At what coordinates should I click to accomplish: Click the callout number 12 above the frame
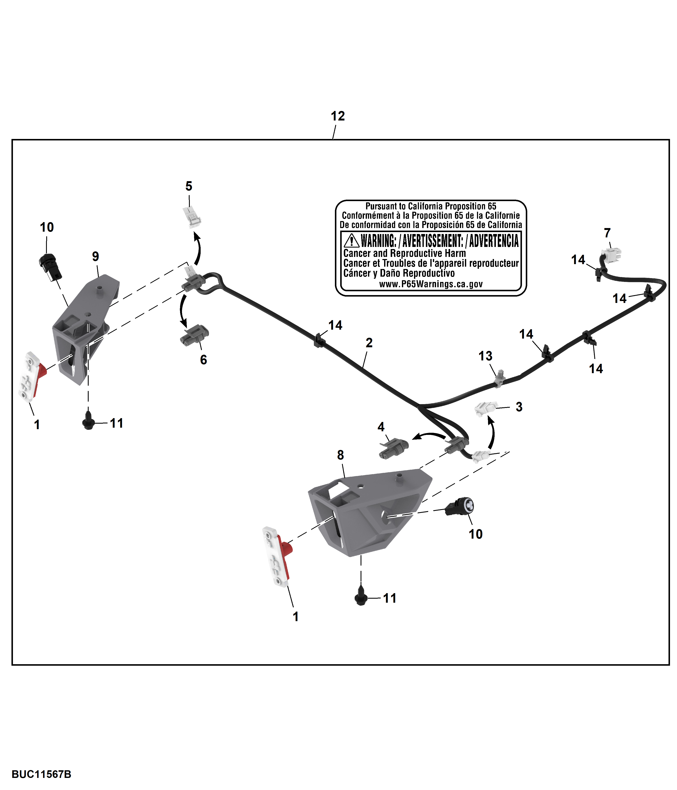[x=338, y=116]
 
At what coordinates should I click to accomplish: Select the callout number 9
[x=95, y=256]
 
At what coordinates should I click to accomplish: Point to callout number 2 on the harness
[x=369, y=342]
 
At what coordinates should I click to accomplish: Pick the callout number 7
[x=607, y=233]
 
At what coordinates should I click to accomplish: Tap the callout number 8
[x=340, y=455]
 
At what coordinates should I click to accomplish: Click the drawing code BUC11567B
[x=41, y=774]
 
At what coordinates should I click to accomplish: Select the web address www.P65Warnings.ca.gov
[x=431, y=284]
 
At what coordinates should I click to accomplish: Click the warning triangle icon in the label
[x=351, y=241]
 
